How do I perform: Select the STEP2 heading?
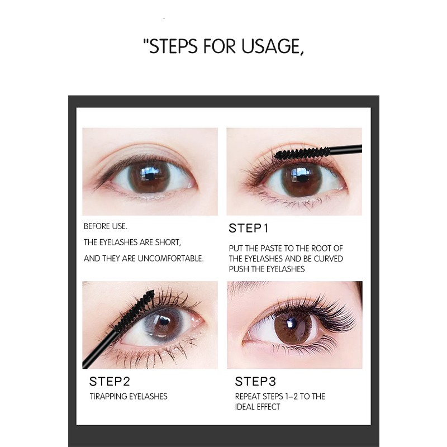point(110,382)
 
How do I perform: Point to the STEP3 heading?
point(255,382)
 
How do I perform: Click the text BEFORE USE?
point(106,226)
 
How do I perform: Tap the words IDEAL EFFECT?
point(258,406)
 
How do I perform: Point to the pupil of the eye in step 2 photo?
point(163,325)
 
